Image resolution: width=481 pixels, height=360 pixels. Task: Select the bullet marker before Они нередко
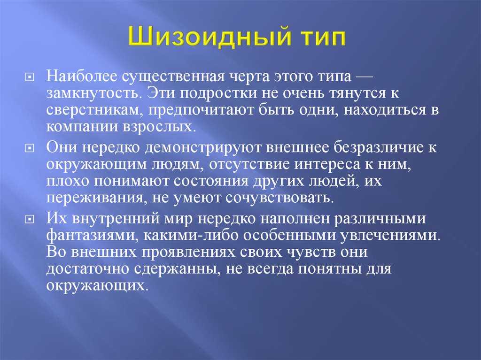pos(29,148)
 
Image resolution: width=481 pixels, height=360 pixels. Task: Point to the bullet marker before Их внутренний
pos(29,220)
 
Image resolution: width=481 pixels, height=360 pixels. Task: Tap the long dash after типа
pos(364,77)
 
